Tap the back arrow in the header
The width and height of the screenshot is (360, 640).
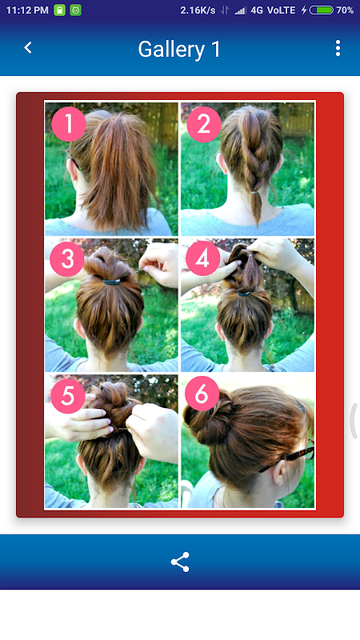pos(28,48)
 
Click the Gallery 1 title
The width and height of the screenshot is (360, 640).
pos(179,50)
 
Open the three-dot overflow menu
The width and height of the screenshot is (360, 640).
pos(338,48)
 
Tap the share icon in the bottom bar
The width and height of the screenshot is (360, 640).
pos(180,562)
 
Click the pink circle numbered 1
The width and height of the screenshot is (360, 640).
pos(69,124)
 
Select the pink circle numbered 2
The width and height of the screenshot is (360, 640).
pos(204,124)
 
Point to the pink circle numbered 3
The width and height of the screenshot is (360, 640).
pos(67,258)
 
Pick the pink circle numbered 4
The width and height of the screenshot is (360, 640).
pos(202,258)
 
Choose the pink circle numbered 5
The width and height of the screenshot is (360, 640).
pos(68,395)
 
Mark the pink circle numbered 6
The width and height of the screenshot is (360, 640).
pos(202,394)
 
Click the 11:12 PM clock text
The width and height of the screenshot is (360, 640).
pos(27,10)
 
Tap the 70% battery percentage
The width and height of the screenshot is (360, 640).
pos(345,10)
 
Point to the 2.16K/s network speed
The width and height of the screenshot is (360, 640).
pos(198,10)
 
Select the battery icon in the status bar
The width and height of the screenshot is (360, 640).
pos(322,10)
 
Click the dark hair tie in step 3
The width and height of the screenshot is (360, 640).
pos(111,282)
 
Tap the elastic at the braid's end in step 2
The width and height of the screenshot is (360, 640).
pos(254,192)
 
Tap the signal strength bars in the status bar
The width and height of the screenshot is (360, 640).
pos(241,10)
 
